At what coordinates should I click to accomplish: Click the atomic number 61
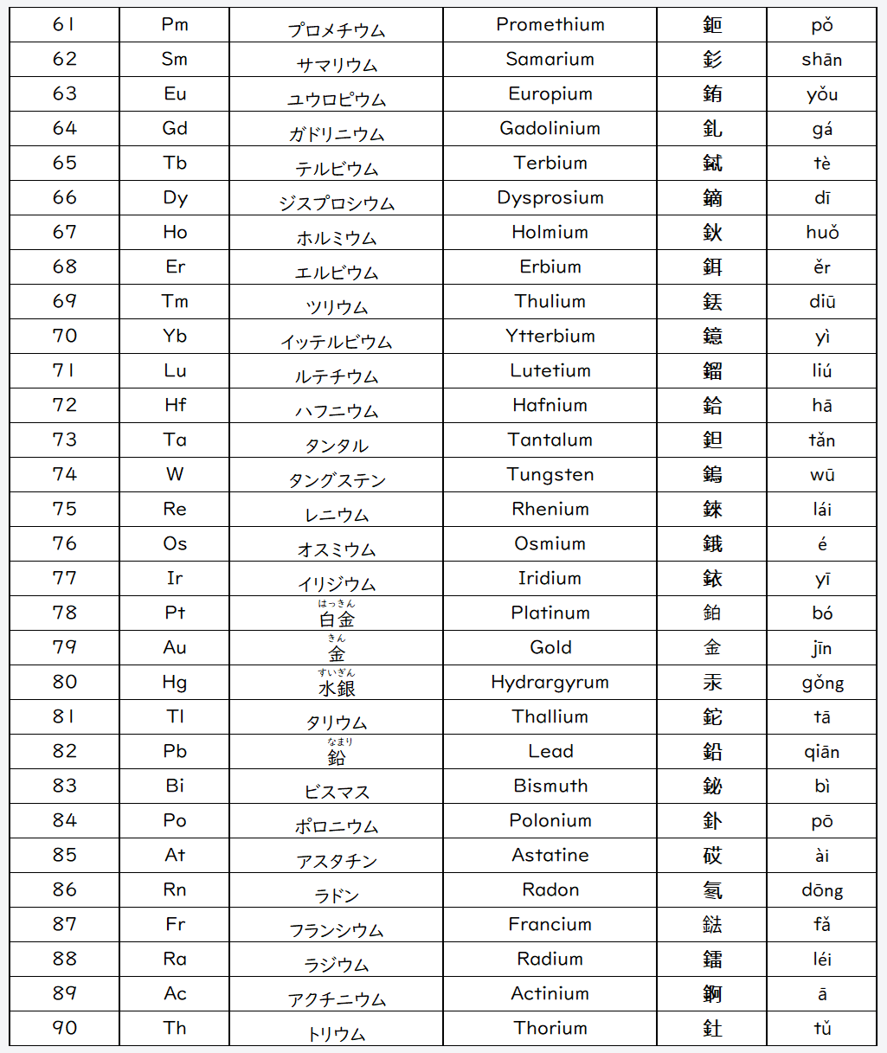[65, 24]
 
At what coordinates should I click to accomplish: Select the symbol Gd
[175, 128]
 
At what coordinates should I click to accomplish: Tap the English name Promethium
[550, 24]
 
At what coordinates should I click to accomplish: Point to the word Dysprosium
[550, 198]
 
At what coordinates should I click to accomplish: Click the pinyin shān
[821, 60]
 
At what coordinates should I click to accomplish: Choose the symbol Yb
[175, 336]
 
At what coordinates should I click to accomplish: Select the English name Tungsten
[550, 474]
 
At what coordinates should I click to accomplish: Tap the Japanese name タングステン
[337, 480]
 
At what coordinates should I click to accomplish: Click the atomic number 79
[65, 647]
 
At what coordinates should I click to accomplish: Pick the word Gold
[550, 647]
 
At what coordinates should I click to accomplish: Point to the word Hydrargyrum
[550, 683]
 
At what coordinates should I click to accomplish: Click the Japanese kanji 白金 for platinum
[337, 619]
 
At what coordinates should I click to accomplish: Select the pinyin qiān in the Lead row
[821, 752]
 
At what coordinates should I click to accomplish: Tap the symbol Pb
[175, 751]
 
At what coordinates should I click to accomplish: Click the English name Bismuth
[550, 786]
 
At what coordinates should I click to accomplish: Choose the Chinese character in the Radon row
[712, 890]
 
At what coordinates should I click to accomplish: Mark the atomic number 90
[65, 1028]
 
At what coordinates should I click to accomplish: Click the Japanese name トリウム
[337, 1034]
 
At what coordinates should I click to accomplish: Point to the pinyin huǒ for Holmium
[821, 233]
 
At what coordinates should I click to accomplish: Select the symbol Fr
[175, 924]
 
